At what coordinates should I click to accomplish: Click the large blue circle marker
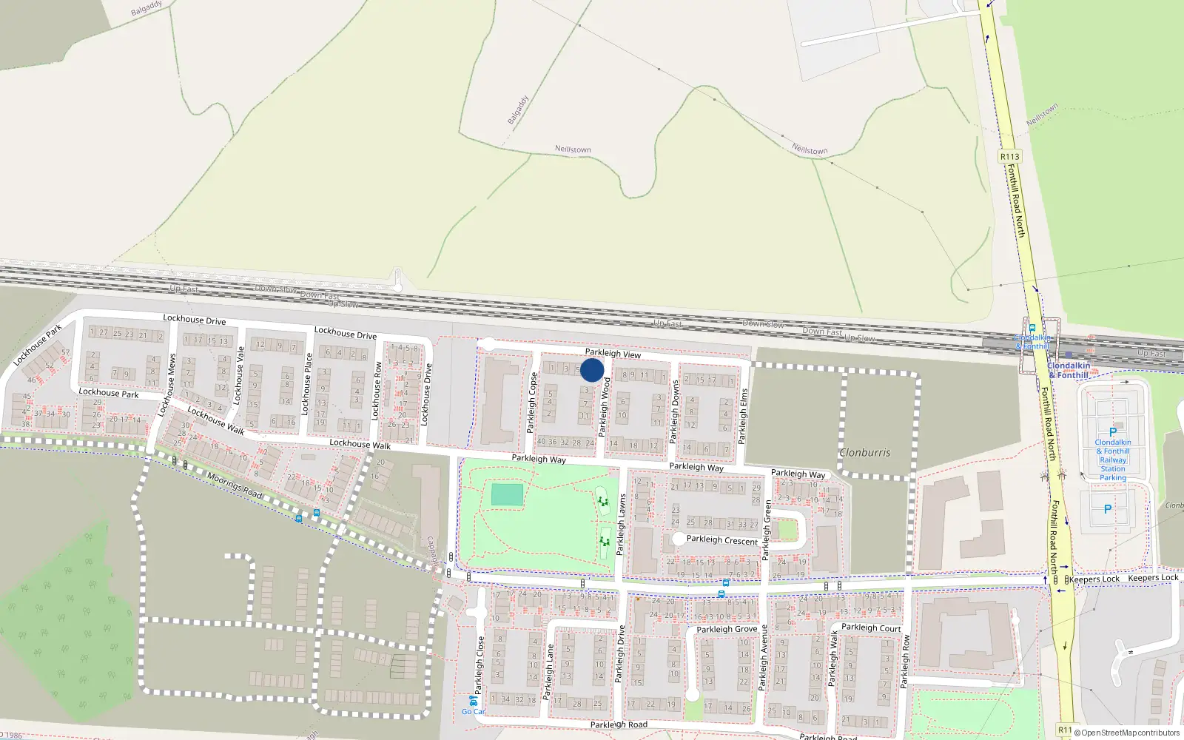pos(592,370)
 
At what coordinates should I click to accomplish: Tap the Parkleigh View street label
pos(613,354)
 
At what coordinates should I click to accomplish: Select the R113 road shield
pos(1009,156)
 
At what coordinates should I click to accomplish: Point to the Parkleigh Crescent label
pos(721,540)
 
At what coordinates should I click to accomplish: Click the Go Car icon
pos(473,700)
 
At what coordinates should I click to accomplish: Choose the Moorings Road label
pos(235,485)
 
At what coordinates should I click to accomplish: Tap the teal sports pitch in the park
pos(507,494)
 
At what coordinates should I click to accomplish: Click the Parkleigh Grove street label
pos(727,629)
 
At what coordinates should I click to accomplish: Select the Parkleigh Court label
pos(871,628)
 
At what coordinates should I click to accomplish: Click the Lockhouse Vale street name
pos(239,374)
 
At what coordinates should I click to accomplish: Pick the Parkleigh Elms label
pos(744,416)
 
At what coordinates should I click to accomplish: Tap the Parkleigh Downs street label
pos(674,411)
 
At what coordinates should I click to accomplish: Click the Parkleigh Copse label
pos(531,403)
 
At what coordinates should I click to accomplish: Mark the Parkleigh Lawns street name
pos(622,525)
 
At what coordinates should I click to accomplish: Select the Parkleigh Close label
pos(480,665)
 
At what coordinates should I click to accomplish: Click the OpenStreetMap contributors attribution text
pos(1130,733)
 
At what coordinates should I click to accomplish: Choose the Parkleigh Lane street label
pos(549,672)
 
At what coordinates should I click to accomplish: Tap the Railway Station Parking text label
pos(1113,460)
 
